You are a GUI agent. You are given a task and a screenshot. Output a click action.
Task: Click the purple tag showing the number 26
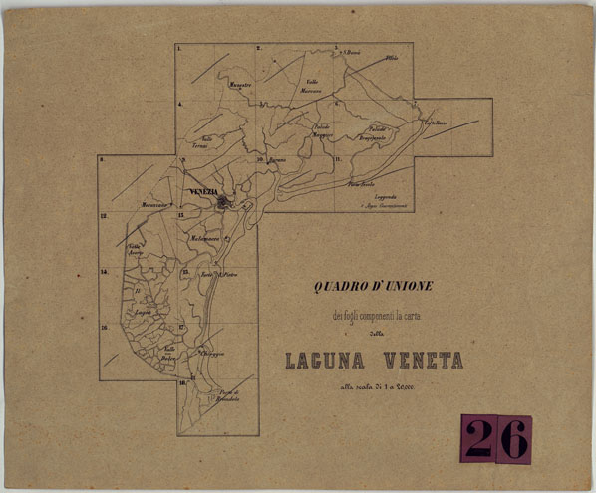495,439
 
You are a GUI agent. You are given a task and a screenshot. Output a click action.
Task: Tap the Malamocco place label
200,240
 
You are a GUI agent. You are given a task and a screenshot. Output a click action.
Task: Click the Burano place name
277,159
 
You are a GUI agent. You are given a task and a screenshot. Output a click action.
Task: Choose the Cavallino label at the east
434,123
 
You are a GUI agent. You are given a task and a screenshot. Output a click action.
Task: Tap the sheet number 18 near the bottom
182,382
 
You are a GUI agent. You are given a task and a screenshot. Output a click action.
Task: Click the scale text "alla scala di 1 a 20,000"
374,386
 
